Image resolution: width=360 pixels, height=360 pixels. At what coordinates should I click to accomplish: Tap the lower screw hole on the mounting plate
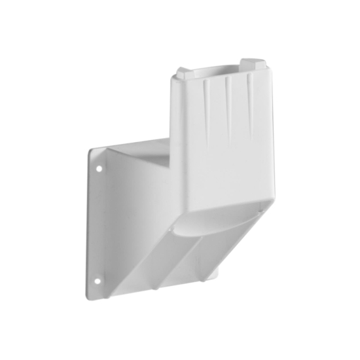point(98,281)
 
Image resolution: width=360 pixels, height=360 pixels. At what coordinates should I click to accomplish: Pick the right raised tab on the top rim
point(252,64)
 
